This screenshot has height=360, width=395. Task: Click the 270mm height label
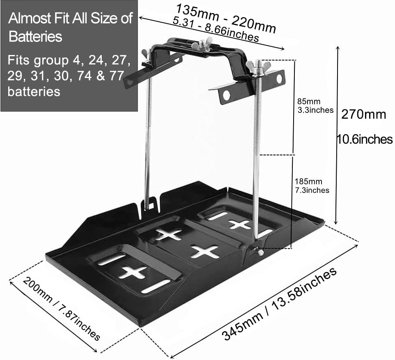(x=363, y=115)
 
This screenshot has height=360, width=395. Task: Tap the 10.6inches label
(x=365, y=139)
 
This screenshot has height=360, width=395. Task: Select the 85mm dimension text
(x=309, y=101)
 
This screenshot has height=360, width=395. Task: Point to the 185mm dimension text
(x=308, y=181)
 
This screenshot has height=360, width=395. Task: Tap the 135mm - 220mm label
(x=225, y=18)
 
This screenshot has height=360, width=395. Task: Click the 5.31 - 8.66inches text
(x=216, y=30)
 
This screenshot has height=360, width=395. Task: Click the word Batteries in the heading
(x=35, y=37)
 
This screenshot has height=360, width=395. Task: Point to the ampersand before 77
(x=100, y=76)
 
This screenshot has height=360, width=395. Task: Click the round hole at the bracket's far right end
(x=279, y=78)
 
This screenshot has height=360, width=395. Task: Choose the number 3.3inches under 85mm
(x=315, y=110)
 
